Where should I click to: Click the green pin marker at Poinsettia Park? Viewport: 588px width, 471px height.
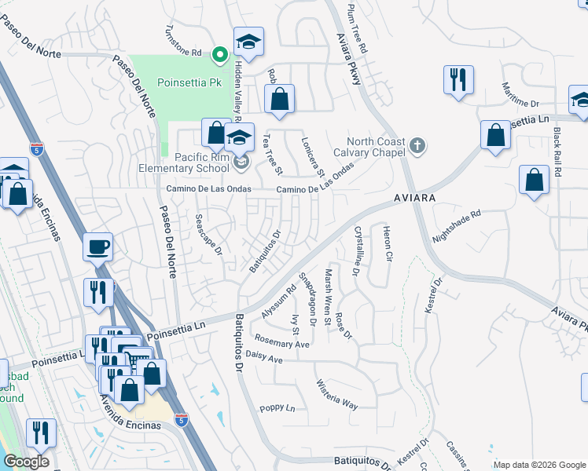[220, 54]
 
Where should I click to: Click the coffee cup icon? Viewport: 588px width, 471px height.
[98, 246]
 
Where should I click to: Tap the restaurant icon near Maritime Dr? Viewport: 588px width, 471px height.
[457, 79]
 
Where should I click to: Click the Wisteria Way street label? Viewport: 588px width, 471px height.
[336, 395]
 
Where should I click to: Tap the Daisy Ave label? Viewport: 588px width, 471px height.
[264, 359]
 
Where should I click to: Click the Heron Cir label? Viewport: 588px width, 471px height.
[386, 243]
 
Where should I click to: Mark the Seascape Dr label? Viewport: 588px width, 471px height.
[209, 234]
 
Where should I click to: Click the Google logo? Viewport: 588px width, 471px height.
[26, 462]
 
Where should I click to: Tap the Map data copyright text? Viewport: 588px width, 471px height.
[539, 465]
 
